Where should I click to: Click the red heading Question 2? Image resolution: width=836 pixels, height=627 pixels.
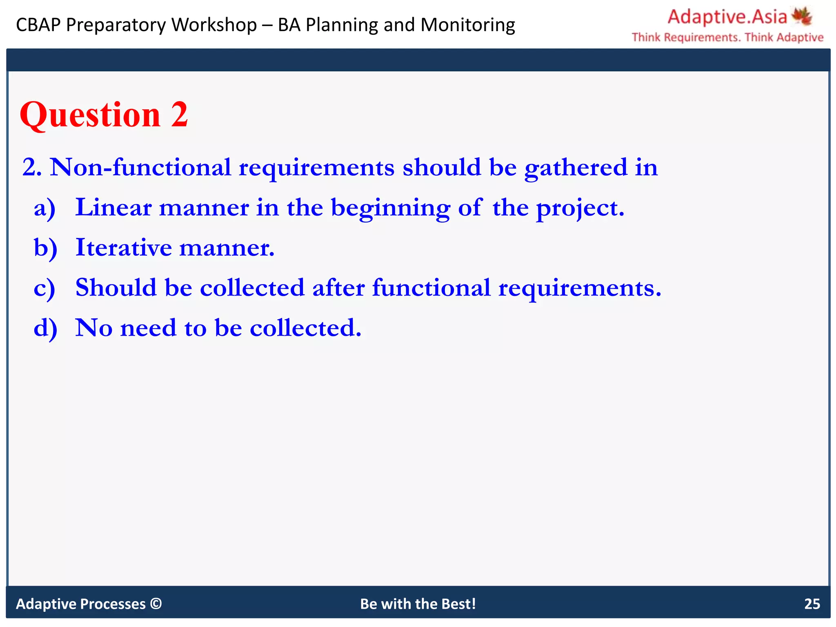104,115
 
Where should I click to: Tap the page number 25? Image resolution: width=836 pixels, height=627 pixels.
812,604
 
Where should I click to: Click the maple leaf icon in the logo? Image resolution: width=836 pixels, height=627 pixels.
802,16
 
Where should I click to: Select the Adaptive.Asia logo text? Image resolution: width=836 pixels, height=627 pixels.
727,17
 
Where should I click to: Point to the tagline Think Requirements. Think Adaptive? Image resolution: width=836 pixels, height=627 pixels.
727,38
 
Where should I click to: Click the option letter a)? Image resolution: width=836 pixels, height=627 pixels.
44,208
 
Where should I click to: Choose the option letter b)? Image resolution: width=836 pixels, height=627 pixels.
45,248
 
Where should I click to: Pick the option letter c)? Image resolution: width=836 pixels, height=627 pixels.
44,288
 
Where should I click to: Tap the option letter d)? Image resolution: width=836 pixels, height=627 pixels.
45,328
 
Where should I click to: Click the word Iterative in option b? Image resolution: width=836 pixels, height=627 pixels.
124,247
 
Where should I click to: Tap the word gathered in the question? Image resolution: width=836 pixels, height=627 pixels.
576,168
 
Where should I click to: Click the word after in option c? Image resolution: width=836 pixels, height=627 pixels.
338,287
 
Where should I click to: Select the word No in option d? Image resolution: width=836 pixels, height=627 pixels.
94,328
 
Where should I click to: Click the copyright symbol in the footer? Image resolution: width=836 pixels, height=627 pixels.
156,603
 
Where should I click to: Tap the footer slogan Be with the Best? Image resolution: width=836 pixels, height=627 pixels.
418,604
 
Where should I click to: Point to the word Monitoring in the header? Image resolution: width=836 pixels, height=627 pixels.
468,25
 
